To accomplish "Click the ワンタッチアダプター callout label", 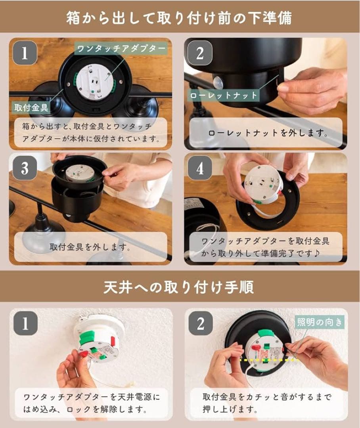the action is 121,49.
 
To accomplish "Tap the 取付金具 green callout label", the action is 31,107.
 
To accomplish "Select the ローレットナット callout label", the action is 224,95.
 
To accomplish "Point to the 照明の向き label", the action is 320,322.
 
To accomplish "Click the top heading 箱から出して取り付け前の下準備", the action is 179,18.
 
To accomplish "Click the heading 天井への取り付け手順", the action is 179,287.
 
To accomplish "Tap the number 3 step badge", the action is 25,168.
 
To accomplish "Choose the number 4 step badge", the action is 200,168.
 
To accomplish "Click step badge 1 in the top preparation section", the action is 25,53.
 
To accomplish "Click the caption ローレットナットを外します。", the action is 268,133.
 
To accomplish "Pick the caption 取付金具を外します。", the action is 90,247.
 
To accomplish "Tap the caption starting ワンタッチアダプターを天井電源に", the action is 92,403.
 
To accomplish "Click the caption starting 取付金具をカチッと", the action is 267,403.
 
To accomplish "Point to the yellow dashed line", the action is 269,360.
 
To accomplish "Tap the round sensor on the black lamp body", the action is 218,81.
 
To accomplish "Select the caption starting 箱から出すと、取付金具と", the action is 91,132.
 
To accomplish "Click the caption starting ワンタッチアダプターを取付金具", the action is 266,247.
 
